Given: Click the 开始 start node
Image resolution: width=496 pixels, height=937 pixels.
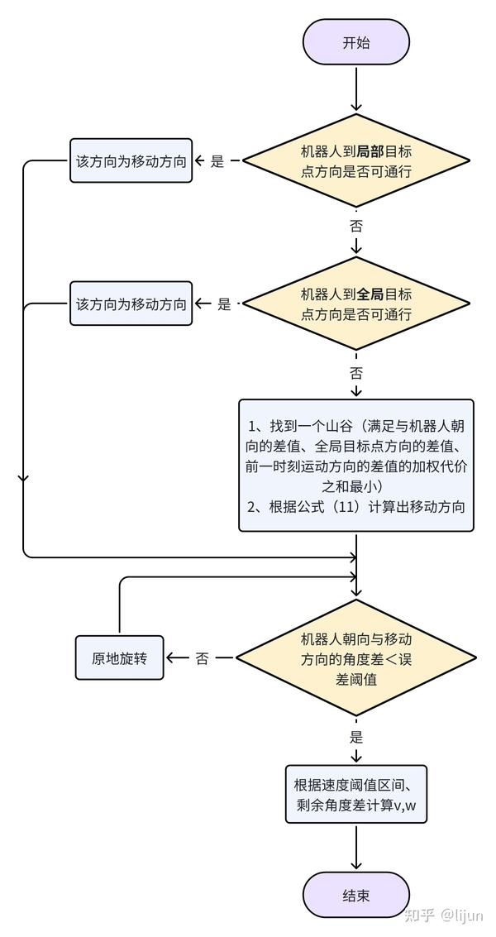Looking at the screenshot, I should coord(355,43).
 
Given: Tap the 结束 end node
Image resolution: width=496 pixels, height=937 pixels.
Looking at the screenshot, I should coord(355,895).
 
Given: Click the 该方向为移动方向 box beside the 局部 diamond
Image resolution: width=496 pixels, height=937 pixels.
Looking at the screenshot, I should coord(131,161).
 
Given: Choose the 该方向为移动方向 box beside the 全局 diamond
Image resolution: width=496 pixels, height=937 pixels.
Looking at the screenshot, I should coord(131,304).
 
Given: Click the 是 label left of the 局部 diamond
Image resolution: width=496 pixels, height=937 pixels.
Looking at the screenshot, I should coord(217,162).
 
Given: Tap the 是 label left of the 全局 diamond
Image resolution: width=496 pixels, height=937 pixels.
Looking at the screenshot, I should coord(224,304).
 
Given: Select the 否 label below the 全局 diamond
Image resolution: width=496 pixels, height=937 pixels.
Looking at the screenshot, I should coord(356,372).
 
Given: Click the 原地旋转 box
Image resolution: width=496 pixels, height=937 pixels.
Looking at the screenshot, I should coord(119,658).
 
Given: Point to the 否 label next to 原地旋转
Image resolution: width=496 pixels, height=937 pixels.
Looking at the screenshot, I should coord(203,659).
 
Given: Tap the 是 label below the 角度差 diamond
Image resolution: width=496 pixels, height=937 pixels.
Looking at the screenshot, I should coord(356,737).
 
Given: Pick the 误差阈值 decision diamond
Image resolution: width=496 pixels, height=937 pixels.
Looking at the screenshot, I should coord(355,658).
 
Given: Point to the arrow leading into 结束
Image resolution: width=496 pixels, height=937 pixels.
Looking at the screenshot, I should coord(356,847).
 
